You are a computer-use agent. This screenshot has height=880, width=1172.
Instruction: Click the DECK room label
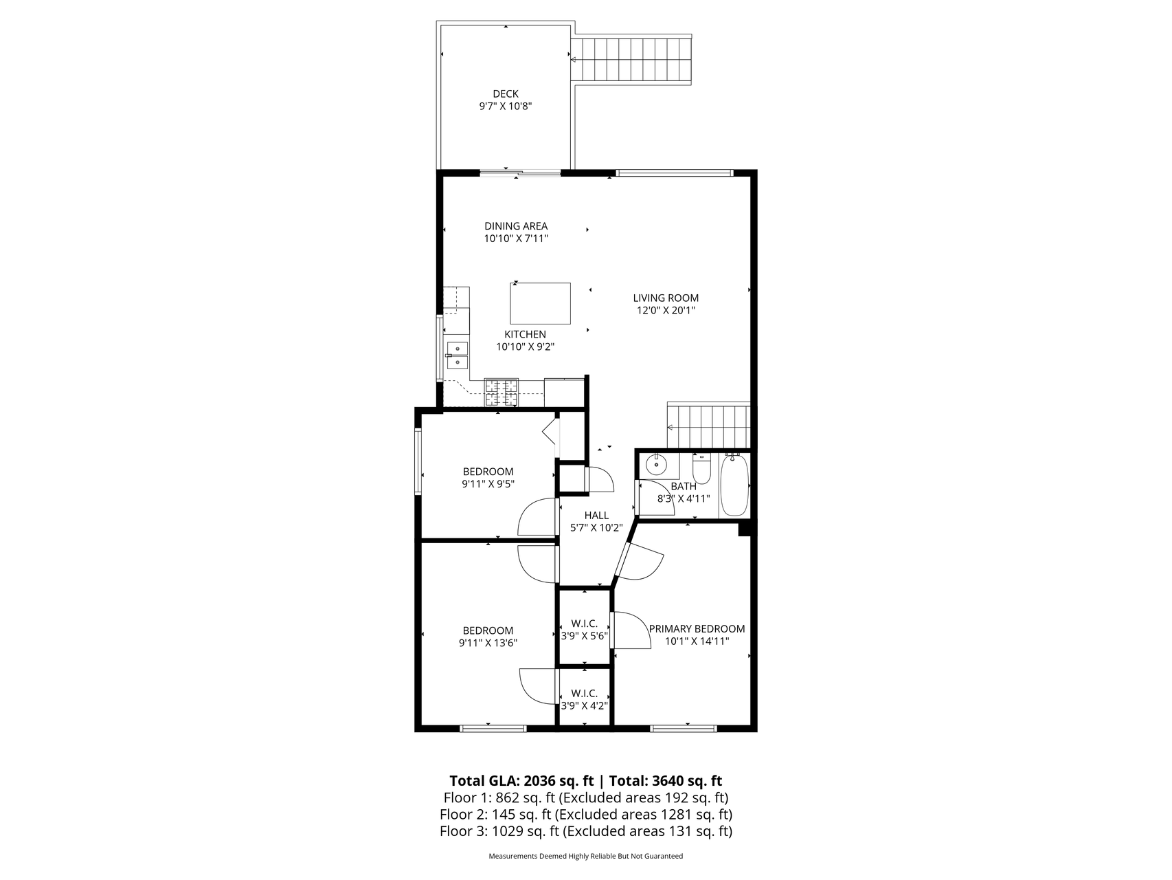click(506, 94)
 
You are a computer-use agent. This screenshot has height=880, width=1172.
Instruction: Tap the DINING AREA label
click(516, 226)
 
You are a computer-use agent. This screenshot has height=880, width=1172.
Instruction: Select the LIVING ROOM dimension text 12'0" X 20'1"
click(666, 311)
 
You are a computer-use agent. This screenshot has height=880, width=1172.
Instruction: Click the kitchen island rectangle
click(540, 303)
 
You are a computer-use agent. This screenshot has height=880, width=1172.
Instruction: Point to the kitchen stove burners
click(502, 393)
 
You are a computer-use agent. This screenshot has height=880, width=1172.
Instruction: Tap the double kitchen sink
click(457, 355)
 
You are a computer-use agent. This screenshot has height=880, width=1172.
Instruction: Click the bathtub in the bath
click(734, 485)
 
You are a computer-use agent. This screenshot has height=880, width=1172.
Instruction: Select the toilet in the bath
click(701, 468)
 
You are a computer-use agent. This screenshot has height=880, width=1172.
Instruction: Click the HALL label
click(596, 516)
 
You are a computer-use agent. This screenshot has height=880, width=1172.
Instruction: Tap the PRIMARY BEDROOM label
click(697, 629)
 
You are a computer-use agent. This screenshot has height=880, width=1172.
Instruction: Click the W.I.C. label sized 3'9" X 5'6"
click(584, 630)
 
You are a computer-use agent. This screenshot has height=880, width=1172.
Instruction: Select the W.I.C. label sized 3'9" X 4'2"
click(584, 699)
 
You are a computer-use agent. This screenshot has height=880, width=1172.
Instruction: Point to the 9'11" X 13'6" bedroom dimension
click(488, 643)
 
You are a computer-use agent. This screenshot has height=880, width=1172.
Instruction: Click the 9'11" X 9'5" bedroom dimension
click(488, 484)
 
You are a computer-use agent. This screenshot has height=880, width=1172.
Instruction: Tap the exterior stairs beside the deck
click(631, 60)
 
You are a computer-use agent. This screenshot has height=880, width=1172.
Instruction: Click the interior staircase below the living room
click(708, 426)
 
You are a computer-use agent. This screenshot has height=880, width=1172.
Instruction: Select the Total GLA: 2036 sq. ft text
click(521, 781)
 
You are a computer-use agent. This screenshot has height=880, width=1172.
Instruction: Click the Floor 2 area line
click(586, 815)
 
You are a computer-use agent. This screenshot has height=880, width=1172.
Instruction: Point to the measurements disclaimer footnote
click(586, 857)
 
